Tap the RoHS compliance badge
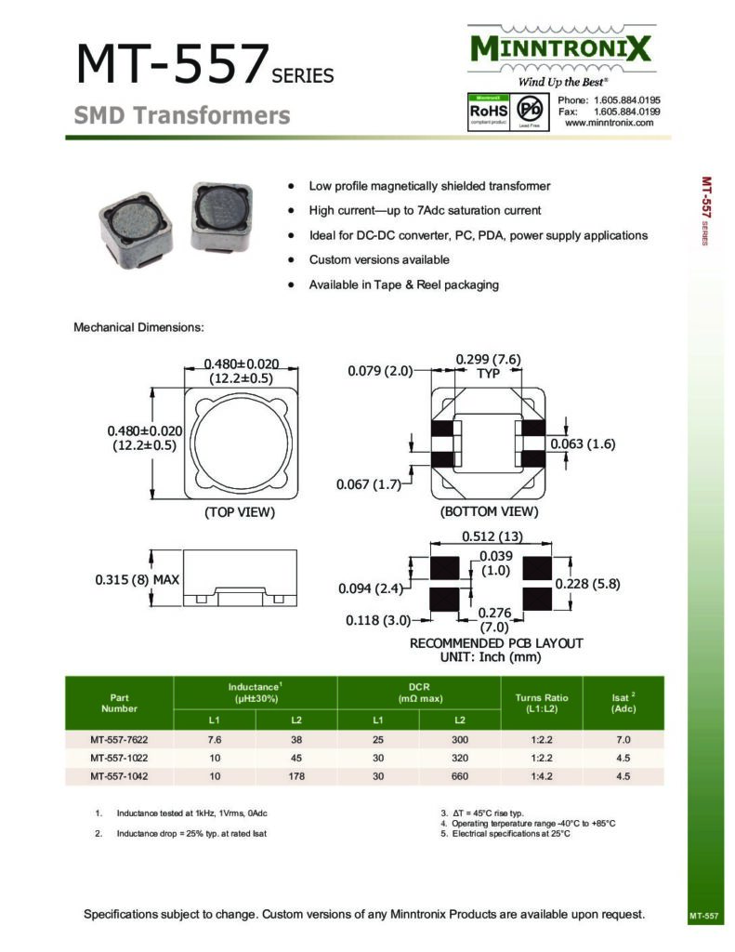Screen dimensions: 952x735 point(488,111)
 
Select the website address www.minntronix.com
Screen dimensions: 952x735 point(609,123)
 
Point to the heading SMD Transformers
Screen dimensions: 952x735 point(182,116)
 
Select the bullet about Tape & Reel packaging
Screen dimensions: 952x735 point(403,284)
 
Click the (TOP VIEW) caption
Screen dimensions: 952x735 point(240,512)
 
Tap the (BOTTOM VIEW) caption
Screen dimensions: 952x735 point(489,512)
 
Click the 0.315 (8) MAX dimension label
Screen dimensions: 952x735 point(137,580)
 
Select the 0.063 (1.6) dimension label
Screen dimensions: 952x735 point(583,444)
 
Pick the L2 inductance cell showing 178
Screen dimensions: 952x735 point(296,775)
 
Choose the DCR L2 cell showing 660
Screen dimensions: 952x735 point(460,775)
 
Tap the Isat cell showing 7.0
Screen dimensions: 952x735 point(623,740)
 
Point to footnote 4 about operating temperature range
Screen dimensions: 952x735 point(528,824)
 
